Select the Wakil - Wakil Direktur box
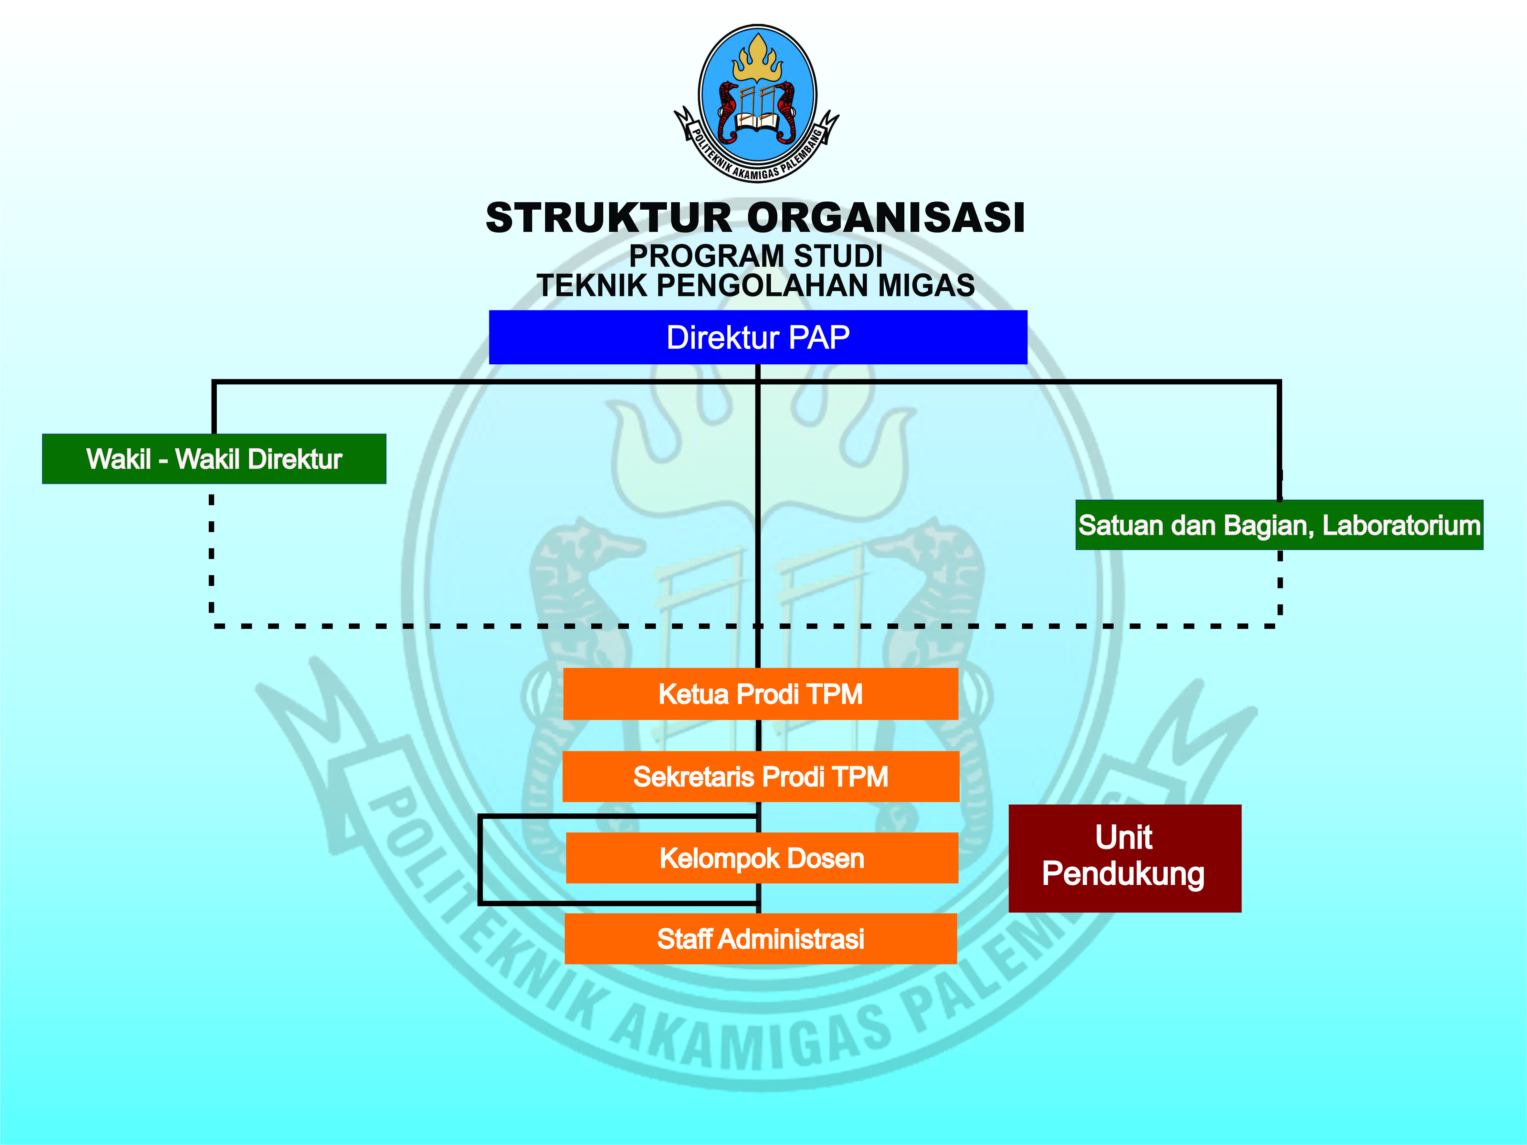[214, 459]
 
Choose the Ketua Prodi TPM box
[760, 694]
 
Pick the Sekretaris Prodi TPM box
[760, 776]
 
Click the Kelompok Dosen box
[762, 858]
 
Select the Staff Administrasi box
[760, 939]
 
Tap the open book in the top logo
[757, 123]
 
